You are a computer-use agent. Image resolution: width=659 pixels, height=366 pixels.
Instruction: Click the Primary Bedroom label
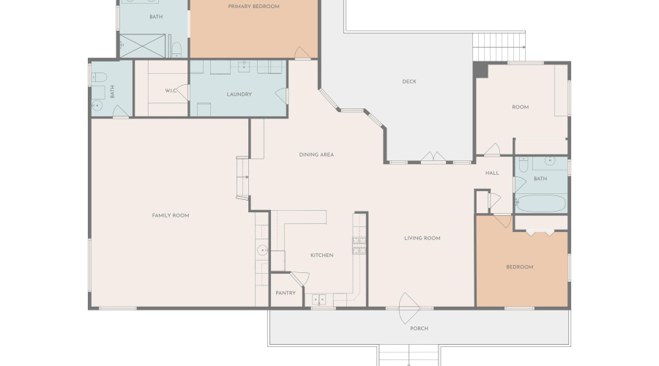coord(253,7)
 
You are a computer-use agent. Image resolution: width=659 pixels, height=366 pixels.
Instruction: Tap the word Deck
coord(409,81)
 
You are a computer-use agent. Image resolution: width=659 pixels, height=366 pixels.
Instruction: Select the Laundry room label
coord(239,94)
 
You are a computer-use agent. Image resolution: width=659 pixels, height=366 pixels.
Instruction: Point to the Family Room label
coord(170,215)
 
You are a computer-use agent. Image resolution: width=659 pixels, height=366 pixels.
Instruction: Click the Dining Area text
coord(316,154)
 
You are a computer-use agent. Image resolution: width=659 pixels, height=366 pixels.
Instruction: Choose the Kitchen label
coord(321,255)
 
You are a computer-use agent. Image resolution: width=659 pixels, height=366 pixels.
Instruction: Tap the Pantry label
coord(286,293)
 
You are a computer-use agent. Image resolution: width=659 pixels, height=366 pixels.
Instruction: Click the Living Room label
coord(422,238)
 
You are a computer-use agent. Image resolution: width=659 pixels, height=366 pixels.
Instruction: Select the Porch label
coord(419,328)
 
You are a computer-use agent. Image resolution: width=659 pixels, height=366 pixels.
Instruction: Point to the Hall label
coord(492,173)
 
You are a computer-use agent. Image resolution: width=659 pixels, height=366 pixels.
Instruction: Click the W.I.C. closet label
coord(171,90)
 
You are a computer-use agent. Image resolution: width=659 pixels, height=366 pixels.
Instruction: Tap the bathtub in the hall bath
coord(541,203)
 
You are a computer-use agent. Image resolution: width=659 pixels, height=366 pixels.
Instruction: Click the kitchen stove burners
coord(359,245)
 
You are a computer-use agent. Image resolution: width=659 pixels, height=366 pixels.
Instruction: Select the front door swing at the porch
coord(408,308)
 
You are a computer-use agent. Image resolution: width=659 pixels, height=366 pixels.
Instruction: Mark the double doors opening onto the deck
coord(433,157)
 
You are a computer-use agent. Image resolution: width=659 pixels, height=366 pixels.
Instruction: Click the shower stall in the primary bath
coord(143,46)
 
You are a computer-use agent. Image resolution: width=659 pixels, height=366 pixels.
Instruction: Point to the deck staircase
coord(499,46)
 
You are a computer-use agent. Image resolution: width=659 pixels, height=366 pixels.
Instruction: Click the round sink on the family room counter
coord(262,250)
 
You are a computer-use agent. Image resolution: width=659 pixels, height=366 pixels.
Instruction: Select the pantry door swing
coord(300,278)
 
